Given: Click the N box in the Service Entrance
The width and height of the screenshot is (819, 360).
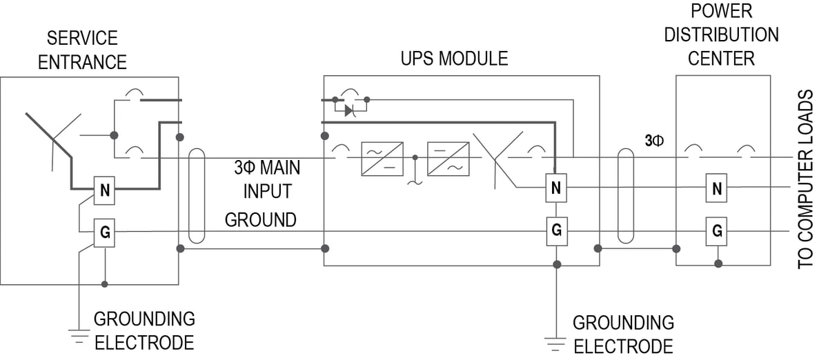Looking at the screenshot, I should (105, 191).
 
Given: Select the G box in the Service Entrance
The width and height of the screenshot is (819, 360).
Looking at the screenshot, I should (105, 233).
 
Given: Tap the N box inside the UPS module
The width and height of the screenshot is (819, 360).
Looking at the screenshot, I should (556, 186).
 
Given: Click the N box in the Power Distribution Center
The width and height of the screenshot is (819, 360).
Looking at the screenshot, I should (717, 188).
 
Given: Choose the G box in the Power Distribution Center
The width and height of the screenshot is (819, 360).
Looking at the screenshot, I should (717, 230).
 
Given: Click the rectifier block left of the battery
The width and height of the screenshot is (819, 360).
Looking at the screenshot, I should (382, 158).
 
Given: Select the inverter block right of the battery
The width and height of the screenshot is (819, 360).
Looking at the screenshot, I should (448, 158).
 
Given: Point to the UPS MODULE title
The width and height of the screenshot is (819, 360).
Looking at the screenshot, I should (454, 59).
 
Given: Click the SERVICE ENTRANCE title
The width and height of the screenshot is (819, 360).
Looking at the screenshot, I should (82, 50).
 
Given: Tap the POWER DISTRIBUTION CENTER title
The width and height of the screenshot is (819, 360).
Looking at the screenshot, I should (721, 34).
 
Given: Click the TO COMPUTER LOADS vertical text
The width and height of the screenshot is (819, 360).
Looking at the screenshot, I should (806, 179).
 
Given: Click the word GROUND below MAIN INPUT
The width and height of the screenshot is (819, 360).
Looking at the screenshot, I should (261, 220).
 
